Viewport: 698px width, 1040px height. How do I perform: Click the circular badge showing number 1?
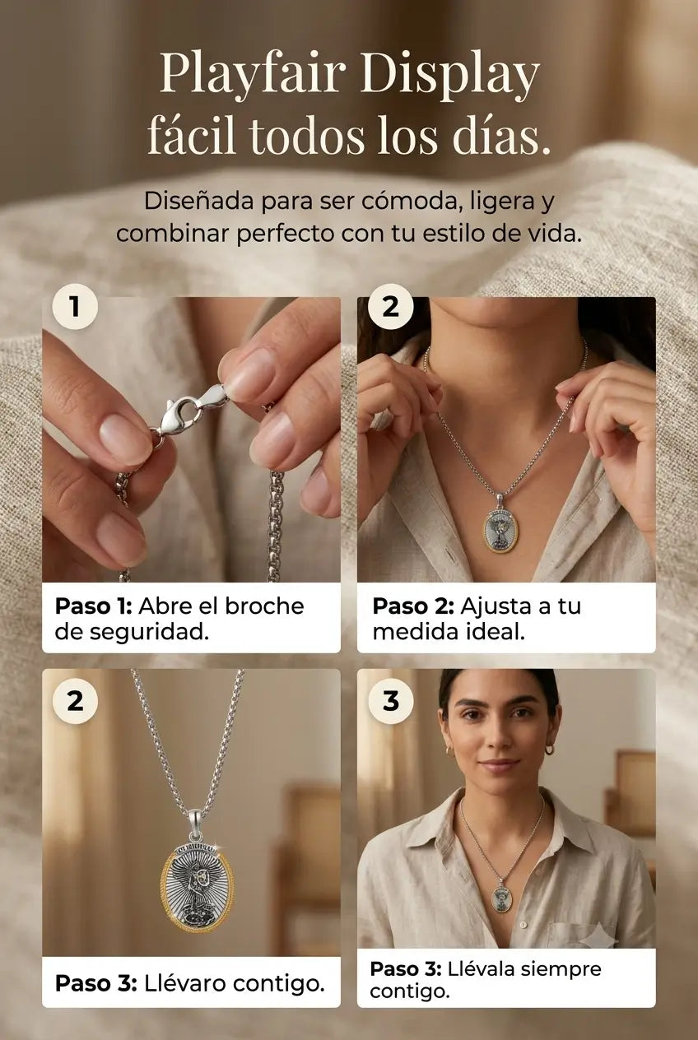tap(74, 306)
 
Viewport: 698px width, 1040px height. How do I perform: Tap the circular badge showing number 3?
tap(390, 701)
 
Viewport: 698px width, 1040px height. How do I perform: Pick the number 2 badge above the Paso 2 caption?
tap(390, 306)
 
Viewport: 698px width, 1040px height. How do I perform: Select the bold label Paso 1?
tap(94, 606)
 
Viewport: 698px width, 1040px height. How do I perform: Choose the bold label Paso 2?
tap(413, 606)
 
